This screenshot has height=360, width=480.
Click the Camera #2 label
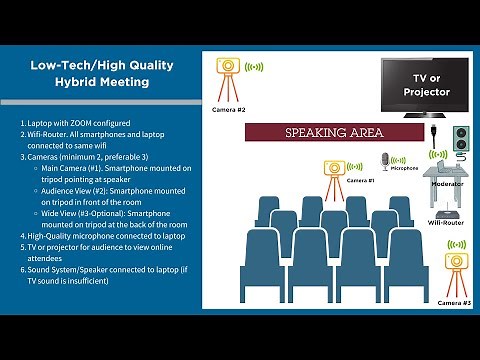pos(228,109)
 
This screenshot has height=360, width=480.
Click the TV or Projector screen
pos(424,86)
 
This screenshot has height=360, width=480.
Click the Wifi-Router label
pos(443,223)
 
